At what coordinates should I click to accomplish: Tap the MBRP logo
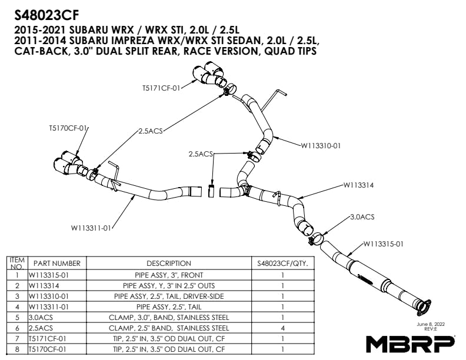point(410,343)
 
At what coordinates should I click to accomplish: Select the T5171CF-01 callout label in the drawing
point(161,88)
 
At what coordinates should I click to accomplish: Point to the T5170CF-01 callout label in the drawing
point(68,128)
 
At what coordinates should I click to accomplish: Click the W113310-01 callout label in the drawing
point(321,145)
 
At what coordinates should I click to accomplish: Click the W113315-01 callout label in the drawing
point(383,244)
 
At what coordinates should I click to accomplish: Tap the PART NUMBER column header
point(56,264)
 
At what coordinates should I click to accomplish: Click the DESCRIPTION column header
point(169,264)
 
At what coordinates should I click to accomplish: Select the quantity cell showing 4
point(282,328)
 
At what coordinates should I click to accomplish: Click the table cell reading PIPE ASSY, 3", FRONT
point(169,275)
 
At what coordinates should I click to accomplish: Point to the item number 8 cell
point(17,349)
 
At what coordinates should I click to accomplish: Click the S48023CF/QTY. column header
point(282,264)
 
